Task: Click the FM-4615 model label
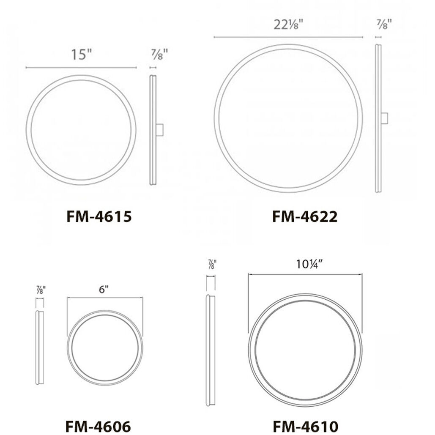(99, 216)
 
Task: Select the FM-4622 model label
(304, 216)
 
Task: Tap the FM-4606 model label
(98, 425)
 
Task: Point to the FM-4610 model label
(306, 425)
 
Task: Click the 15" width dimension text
(81, 55)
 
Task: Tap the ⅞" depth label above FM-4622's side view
(383, 24)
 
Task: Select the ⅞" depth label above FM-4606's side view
(41, 290)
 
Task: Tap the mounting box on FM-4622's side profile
(384, 118)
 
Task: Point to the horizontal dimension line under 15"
(81, 68)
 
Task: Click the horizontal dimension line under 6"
(105, 298)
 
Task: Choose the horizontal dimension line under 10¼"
(306, 274)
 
